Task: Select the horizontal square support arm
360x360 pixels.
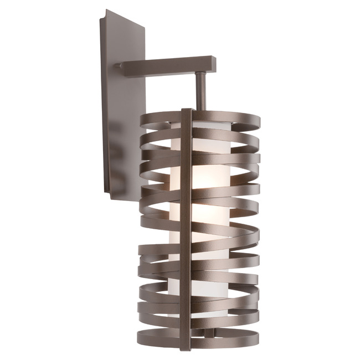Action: click(166, 65)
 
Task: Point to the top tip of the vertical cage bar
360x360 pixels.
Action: click(187, 110)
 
